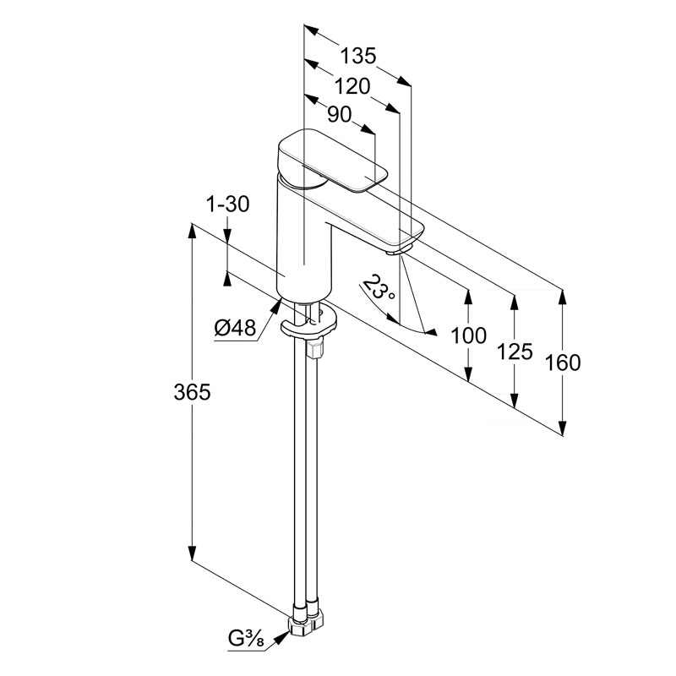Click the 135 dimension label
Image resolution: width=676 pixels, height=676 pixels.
[357, 57]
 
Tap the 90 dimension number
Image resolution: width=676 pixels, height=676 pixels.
[339, 115]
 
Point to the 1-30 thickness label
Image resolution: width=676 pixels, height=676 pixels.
[226, 204]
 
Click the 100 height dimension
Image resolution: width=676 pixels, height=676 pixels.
[468, 335]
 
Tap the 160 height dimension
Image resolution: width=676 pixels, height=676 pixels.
[562, 363]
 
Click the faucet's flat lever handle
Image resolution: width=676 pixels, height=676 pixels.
[334, 161]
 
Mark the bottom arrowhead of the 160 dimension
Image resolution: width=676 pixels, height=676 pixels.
[562, 428]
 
